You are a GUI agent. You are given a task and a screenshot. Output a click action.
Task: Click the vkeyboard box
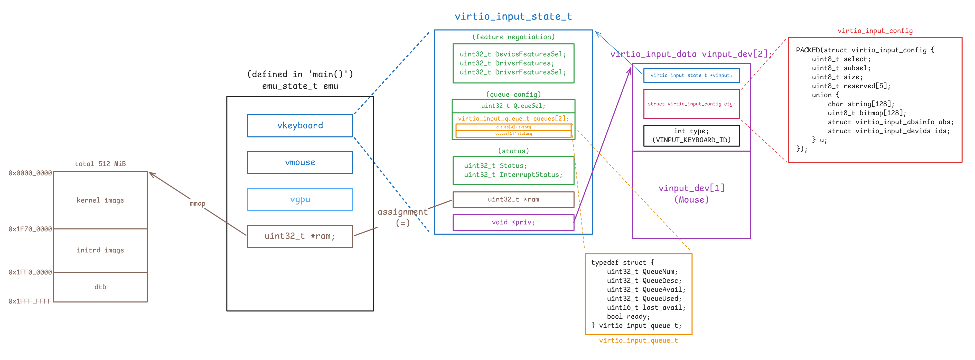click(x=300, y=126)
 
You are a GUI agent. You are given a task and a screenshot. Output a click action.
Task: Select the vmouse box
click(x=300, y=163)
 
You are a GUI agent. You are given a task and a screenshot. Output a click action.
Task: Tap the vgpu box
click(x=300, y=199)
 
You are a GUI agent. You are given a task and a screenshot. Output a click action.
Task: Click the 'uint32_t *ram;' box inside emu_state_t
click(x=300, y=236)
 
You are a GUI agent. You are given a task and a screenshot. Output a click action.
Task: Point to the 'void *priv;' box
click(x=513, y=222)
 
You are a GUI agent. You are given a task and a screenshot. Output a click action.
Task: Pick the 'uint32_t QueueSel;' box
click(x=513, y=106)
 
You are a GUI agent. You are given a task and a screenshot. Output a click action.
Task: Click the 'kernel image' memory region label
click(x=100, y=200)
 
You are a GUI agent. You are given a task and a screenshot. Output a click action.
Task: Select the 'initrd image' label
click(x=100, y=250)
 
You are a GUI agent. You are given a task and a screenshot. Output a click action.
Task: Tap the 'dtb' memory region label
click(x=100, y=287)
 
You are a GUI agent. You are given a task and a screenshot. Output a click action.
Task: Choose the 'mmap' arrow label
click(x=197, y=204)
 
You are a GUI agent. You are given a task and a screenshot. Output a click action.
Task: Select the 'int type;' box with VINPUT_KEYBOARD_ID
click(x=691, y=135)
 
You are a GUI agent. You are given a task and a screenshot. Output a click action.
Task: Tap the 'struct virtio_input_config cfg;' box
click(x=691, y=104)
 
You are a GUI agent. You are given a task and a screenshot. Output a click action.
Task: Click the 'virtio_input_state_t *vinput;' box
click(x=691, y=75)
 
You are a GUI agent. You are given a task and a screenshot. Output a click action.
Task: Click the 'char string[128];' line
click(x=861, y=104)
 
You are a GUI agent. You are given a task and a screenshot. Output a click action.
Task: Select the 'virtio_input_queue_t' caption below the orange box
click(x=638, y=340)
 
